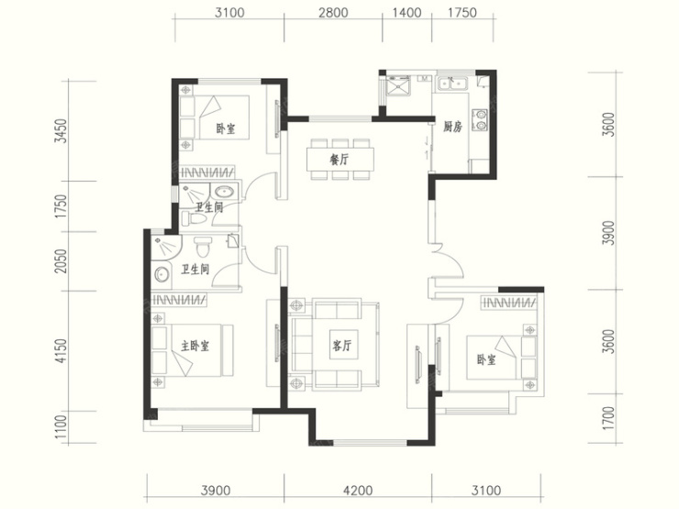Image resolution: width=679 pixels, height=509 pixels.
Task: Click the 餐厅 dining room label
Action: pos(339,160)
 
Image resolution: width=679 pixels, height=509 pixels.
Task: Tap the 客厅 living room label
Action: pos(342,345)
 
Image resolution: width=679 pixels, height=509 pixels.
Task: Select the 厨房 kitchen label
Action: pos(452,127)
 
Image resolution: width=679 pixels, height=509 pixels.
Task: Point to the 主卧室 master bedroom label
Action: pos(195,346)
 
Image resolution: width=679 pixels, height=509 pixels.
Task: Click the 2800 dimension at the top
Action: pos(333,13)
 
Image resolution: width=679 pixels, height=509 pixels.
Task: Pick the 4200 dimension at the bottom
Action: pos(358,491)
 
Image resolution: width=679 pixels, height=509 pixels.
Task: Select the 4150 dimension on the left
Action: pos(61,350)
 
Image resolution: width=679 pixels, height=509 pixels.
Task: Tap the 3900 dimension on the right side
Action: pos(608,233)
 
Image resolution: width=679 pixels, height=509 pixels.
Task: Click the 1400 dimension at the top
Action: pos(406,13)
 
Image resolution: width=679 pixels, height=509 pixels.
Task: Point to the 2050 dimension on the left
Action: pos(61,261)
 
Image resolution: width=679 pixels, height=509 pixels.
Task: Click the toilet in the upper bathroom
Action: pos(193,218)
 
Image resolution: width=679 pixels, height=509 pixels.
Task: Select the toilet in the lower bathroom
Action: pos(202,247)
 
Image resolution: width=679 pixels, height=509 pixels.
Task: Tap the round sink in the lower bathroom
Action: pos(162,274)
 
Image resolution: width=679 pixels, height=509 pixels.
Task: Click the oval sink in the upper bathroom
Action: pos(224,191)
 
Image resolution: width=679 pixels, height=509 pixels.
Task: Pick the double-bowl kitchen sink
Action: pos(451,83)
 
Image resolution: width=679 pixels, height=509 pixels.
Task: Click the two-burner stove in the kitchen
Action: pos(480,119)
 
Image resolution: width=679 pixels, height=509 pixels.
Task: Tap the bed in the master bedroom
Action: pos(193,350)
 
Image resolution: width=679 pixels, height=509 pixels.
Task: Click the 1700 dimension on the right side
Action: pos(608,418)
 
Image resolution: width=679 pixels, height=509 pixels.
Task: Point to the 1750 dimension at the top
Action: pos(462,13)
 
